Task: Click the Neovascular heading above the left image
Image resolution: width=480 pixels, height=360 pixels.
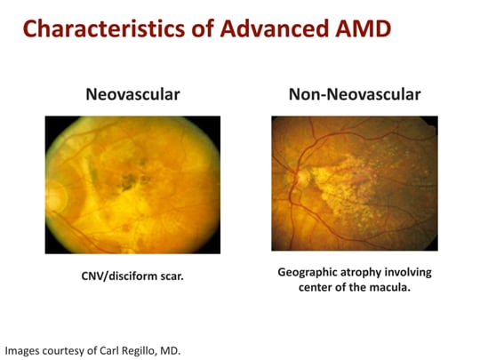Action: [132, 92]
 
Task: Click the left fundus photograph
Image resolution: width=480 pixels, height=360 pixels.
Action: [132, 183]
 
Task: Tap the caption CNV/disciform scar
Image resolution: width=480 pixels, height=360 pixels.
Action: [132, 276]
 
